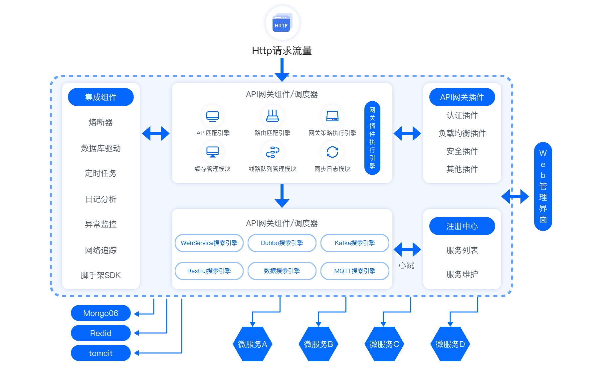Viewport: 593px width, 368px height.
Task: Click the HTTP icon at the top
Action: [282, 23]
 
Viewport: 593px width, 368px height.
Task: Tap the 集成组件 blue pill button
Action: [100, 97]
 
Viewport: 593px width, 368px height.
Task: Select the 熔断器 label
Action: [100, 122]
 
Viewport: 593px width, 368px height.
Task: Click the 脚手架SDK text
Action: [100, 275]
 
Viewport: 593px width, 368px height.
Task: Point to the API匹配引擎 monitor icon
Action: [212, 116]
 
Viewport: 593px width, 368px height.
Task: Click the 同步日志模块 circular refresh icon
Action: [332, 152]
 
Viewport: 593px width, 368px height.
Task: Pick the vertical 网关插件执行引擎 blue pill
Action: [372, 138]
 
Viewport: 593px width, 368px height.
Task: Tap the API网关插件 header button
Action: [462, 97]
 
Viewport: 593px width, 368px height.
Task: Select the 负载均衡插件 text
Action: [462, 133]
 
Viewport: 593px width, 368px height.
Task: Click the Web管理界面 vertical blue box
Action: [543, 186]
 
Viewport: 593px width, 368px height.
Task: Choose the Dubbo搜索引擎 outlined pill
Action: [282, 243]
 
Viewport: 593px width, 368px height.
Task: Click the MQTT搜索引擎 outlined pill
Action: [355, 271]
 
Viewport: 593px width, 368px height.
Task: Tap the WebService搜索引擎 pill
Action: [209, 243]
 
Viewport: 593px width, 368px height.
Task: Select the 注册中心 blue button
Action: [462, 226]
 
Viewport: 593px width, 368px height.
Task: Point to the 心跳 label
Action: [406, 265]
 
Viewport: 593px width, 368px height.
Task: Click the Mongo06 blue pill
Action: [100, 313]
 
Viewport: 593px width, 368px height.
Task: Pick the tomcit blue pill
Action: [100, 353]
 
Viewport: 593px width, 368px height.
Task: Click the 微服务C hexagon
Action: [384, 344]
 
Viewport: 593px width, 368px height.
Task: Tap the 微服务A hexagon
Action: [252, 344]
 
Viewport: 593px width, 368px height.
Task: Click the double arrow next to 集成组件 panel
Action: [156, 133]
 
